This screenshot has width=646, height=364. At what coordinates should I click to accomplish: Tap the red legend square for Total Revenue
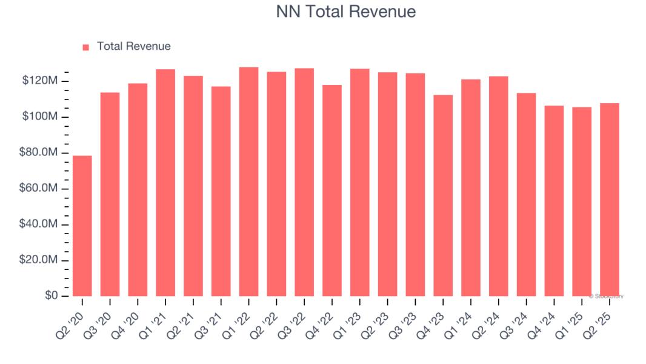pos(85,47)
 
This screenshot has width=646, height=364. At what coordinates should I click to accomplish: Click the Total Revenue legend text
pos(133,47)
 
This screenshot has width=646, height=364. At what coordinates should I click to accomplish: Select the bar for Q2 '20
pos(82,226)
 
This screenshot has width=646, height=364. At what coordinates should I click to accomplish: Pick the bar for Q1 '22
pos(248,181)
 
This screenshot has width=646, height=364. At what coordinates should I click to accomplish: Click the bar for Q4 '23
pos(443,195)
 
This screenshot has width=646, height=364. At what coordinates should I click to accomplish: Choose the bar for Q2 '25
pos(610,200)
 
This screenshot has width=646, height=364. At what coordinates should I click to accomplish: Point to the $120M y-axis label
pos(39,81)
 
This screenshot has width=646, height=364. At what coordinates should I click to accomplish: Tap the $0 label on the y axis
pos(51,296)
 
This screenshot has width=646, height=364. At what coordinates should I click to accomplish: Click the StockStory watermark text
pos(606,296)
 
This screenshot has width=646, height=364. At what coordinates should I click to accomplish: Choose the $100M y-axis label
pos(39,116)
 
